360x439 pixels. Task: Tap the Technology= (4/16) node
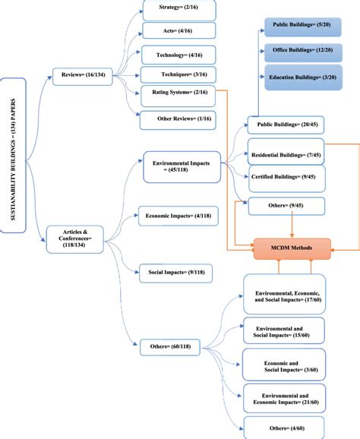point(179,55)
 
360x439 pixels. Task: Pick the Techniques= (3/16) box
point(179,75)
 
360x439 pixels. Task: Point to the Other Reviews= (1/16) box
point(179,118)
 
